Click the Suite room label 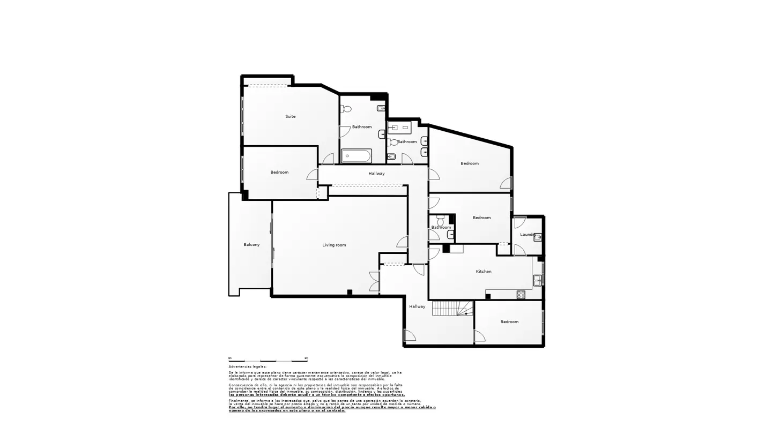point(290,116)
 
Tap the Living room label point(334,245)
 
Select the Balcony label point(251,244)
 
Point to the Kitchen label point(484,271)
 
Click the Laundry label point(528,234)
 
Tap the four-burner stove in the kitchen point(521,295)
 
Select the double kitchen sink point(537,280)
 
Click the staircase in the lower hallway point(452,308)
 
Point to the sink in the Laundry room point(538,237)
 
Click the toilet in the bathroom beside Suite point(346,109)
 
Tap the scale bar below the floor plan point(268,360)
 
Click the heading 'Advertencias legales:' point(247,366)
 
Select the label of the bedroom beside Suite point(279,172)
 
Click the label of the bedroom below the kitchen point(509,321)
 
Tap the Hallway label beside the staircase point(417,306)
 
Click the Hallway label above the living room point(376,174)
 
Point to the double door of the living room point(374,282)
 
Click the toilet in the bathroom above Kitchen point(441,220)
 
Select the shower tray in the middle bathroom point(399,128)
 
